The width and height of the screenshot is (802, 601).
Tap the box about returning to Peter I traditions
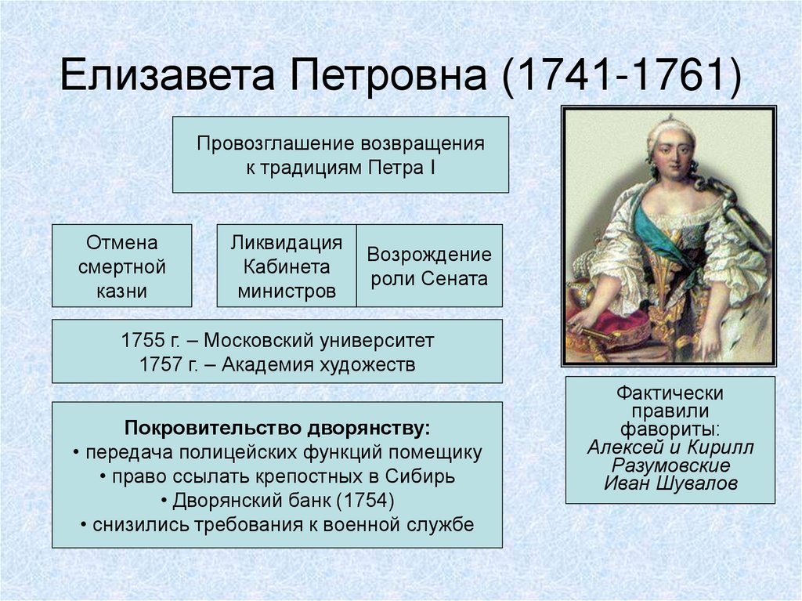click(x=340, y=154)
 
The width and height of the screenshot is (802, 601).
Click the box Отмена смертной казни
click(x=121, y=266)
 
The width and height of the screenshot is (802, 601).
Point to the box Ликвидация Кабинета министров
click(x=287, y=266)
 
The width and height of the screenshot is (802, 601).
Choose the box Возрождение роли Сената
click(x=429, y=266)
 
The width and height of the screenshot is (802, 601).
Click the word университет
click(x=377, y=341)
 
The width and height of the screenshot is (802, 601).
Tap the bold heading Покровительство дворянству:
click(x=277, y=429)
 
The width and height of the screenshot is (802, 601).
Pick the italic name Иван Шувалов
click(x=670, y=483)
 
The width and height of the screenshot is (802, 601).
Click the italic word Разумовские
click(x=670, y=465)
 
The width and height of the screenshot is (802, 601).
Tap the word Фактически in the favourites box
click(x=670, y=393)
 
